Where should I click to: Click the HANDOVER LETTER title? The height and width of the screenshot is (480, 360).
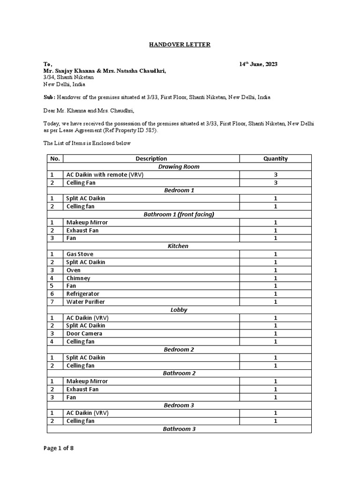click(180, 45)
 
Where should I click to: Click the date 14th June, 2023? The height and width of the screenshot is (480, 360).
click(258, 64)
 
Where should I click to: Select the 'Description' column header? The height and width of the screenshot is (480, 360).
click(151, 158)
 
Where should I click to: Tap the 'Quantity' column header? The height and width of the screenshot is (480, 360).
click(275, 158)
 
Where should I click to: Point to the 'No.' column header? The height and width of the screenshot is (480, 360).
click(55, 158)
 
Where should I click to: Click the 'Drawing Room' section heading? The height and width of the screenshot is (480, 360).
click(179, 166)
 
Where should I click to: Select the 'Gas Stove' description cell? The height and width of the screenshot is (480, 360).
click(79, 254)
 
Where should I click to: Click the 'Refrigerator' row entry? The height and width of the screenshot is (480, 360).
click(82, 294)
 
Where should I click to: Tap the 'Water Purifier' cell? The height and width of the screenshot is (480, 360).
click(85, 302)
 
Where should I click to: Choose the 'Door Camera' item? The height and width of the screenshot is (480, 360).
click(84, 333)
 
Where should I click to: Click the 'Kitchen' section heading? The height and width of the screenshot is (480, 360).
click(179, 246)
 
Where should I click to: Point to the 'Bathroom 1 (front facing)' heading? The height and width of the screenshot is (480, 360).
click(179, 214)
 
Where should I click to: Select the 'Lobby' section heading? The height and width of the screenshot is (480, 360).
click(179, 310)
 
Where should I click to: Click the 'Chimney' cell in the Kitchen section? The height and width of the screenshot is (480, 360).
click(78, 278)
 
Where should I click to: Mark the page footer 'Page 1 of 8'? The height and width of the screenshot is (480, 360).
click(59, 448)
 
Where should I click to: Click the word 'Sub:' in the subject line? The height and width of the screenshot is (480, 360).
click(49, 97)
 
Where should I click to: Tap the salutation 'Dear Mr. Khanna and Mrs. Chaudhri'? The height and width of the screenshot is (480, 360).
click(89, 111)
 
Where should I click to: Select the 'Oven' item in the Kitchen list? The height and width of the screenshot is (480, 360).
click(73, 270)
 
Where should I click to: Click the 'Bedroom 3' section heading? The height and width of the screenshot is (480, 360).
click(179, 405)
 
